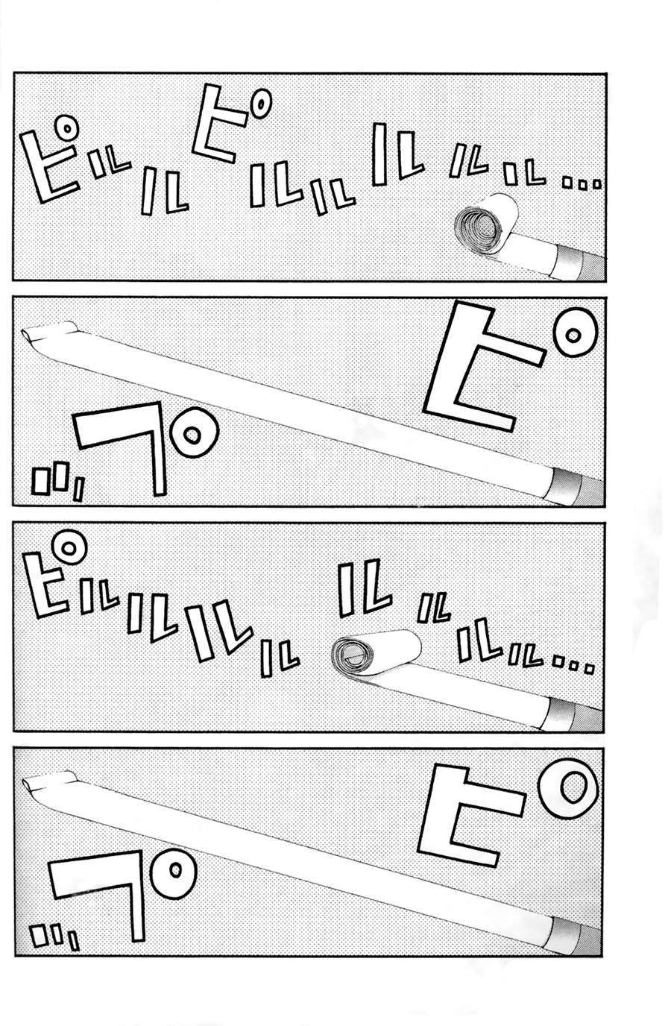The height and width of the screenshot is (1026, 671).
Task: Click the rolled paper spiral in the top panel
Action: coord(481,225)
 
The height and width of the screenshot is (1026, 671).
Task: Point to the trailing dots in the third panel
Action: coord(575,665)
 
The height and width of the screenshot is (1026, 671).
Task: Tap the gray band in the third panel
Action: coord(570,714)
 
